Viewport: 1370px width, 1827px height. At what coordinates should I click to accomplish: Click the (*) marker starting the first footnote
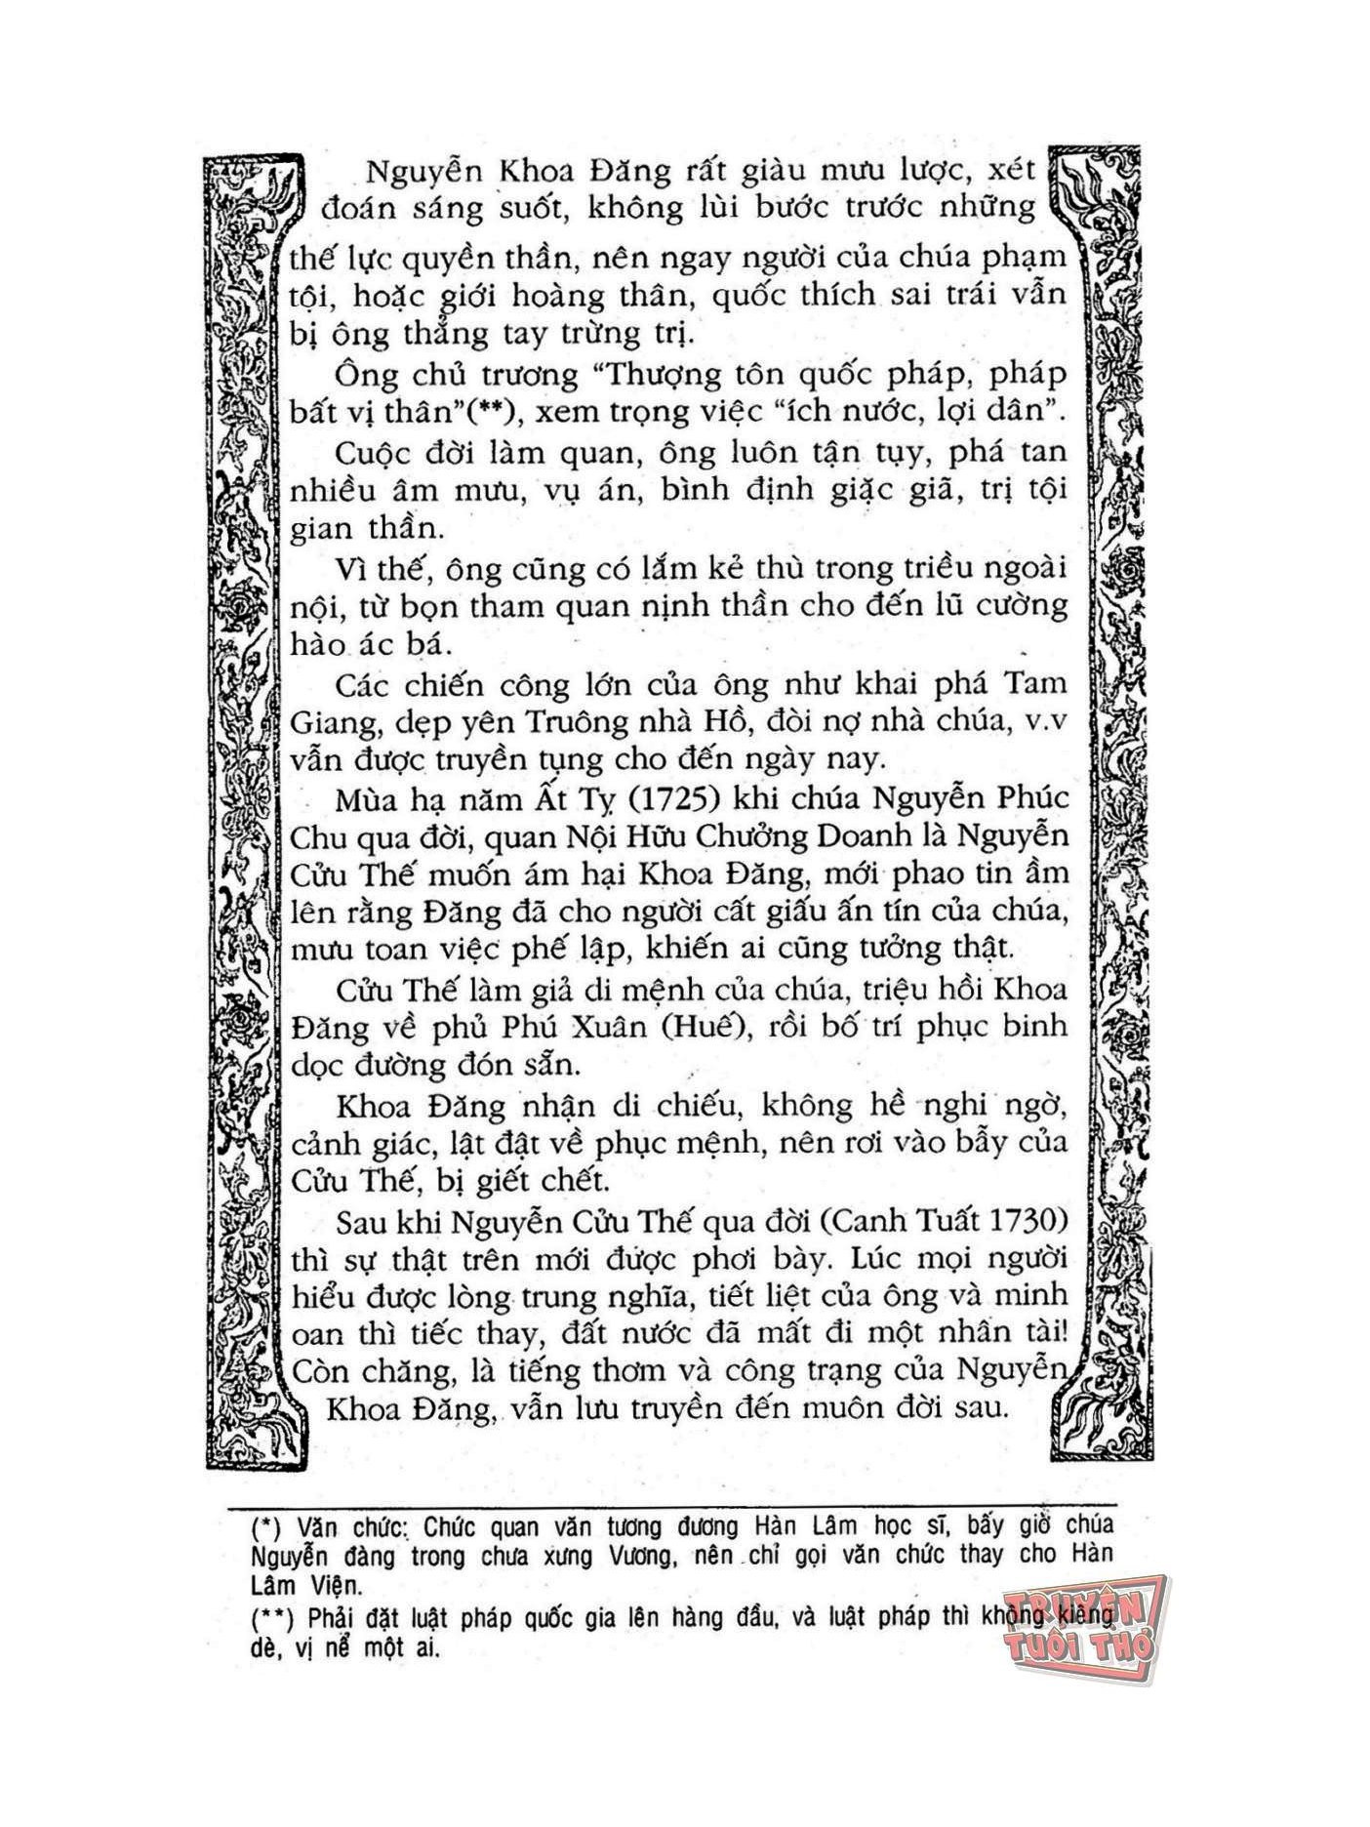(x=267, y=1525)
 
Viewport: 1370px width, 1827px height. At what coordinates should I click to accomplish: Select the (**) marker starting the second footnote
(x=272, y=1619)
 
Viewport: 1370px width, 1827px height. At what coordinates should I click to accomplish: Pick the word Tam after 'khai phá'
(x=1037, y=684)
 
